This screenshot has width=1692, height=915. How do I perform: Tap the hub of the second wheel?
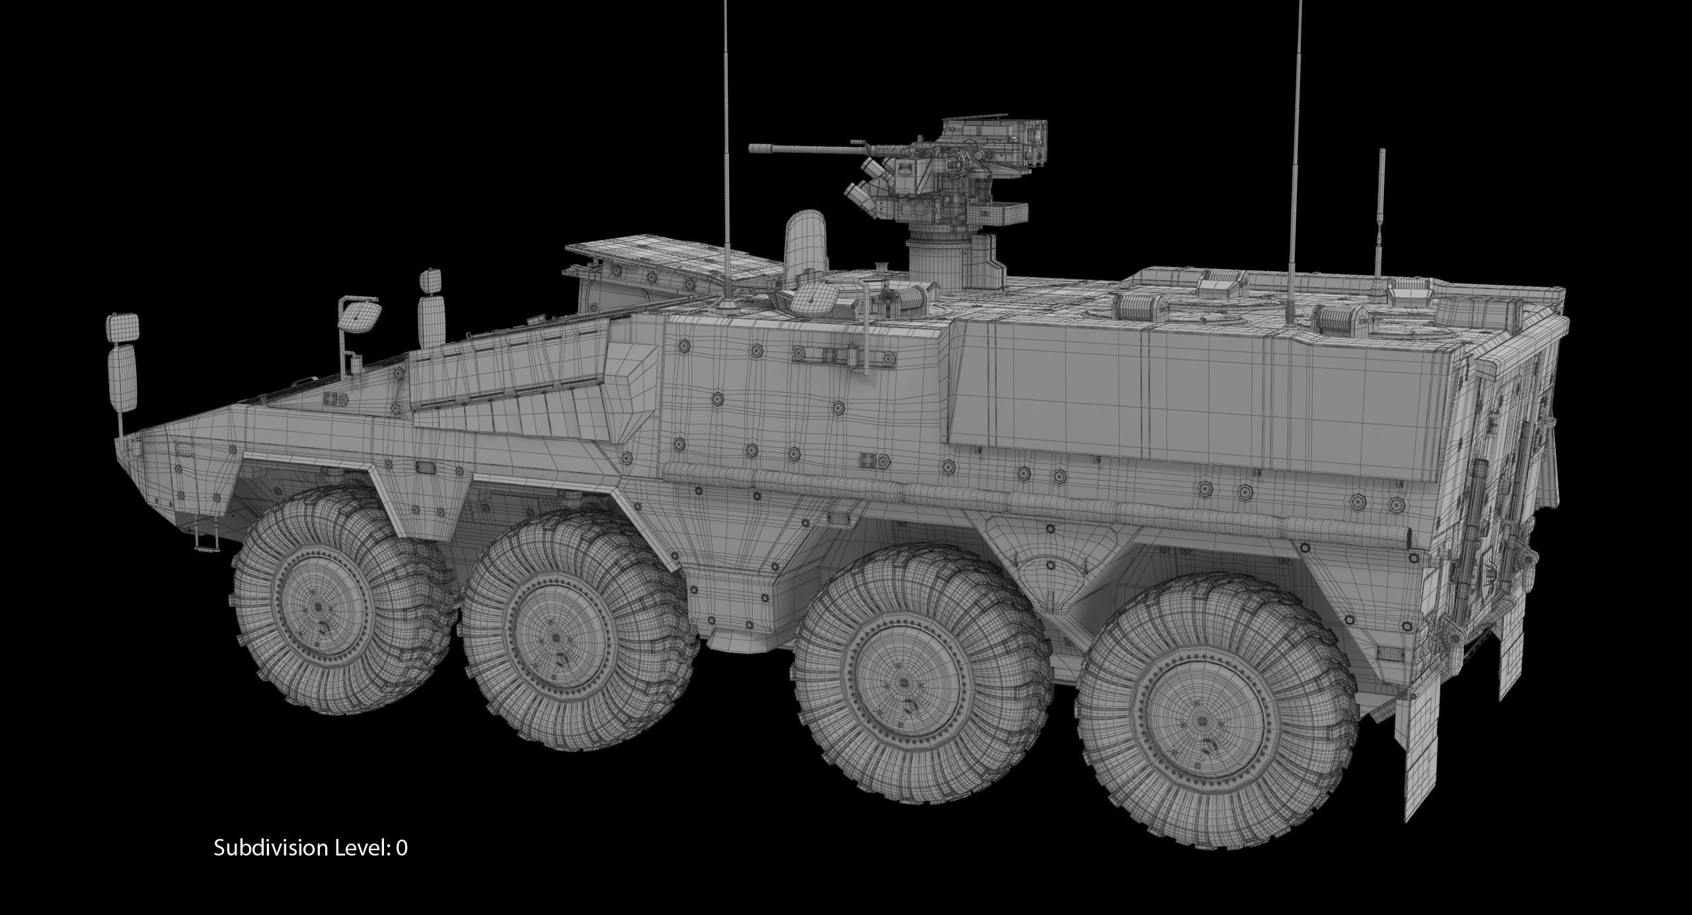coord(555,638)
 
